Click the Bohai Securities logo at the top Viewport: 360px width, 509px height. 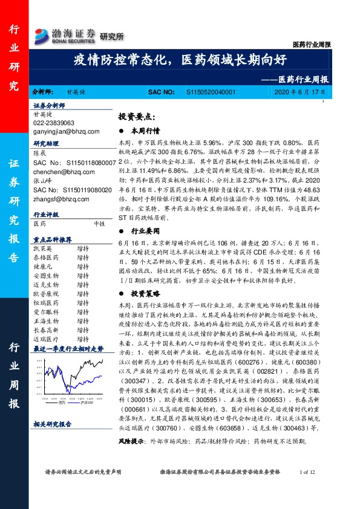[66, 34]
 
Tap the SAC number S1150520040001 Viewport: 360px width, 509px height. [209, 92]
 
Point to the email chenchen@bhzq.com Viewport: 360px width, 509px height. [59, 171]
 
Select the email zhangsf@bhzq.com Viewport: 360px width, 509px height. [57, 198]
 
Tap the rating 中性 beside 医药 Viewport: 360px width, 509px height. [100, 223]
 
